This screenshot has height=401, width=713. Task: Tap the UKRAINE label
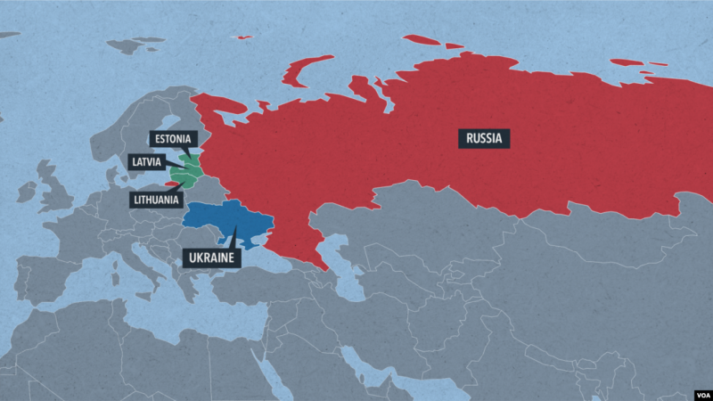[213, 258]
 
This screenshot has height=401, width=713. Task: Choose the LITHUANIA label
[156, 200]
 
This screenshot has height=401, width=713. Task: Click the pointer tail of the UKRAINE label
[234, 239]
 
